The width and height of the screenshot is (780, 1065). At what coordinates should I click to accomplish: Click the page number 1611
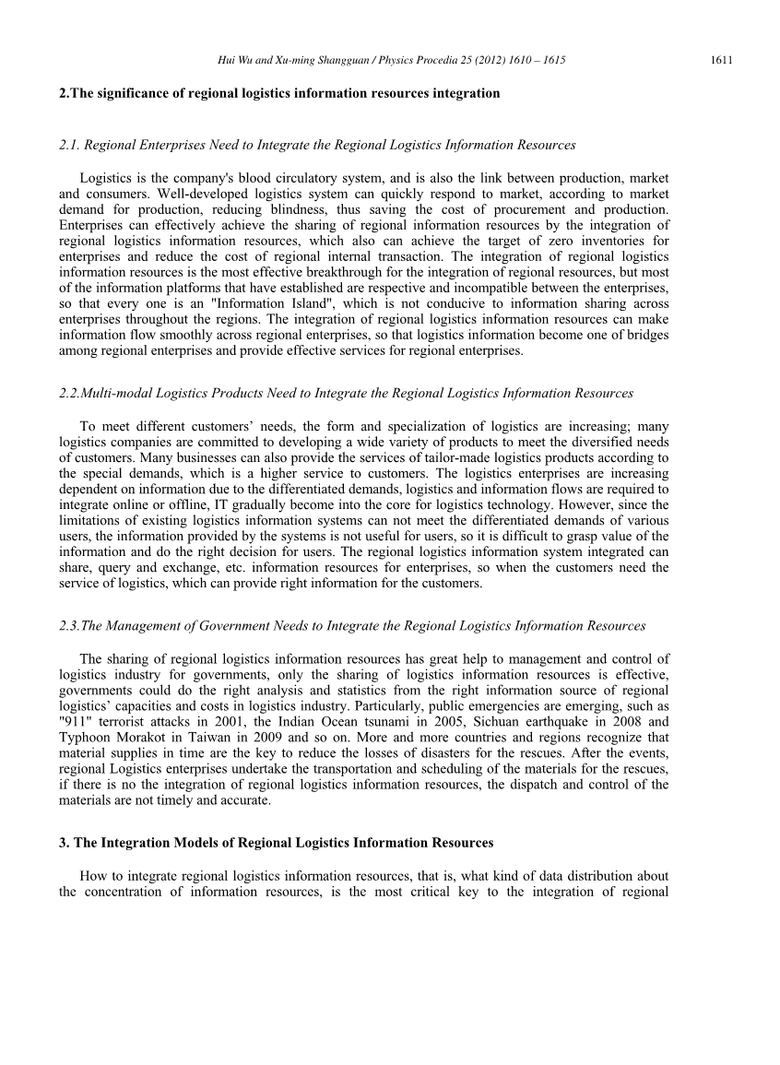tap(721, 60)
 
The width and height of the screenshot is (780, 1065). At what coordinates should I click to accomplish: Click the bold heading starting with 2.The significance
tap(279, 93)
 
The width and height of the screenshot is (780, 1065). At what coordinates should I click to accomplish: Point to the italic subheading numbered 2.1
tap(317, 145)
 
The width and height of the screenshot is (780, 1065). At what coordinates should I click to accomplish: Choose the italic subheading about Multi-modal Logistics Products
tap(346, 393)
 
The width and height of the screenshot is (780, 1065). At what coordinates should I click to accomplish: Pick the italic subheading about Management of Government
tap(351, 625)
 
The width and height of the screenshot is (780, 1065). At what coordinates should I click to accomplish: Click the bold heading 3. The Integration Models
tap(276, 843)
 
